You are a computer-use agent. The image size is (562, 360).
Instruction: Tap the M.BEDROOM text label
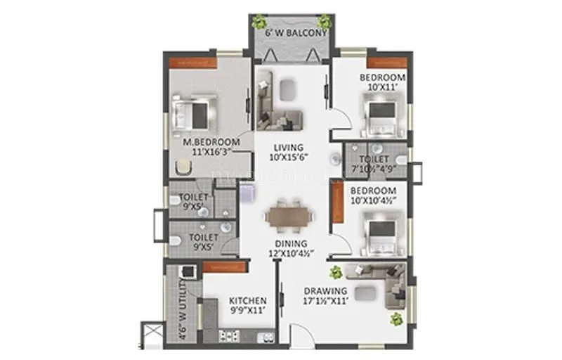coord(211,142)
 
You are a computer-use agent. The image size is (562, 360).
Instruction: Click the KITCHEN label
coord(247,300)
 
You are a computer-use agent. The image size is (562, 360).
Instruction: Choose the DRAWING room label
coord(325,290)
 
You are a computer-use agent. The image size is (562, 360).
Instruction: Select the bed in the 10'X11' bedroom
coord(381,114)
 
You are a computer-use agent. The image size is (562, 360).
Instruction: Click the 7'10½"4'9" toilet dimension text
coord(377,168)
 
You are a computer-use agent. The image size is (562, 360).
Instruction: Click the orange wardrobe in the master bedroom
coord(191,62)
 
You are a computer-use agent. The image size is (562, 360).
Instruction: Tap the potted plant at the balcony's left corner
coord(260,21)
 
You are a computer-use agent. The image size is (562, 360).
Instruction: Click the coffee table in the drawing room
coord(364,292)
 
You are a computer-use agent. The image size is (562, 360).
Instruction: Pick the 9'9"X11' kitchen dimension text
coord(247,310)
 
